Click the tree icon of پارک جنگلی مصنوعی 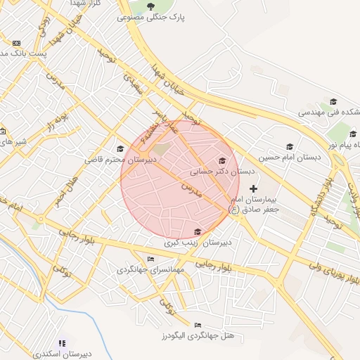151,6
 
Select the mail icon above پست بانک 16,43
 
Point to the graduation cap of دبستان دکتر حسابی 223,161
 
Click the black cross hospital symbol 254,188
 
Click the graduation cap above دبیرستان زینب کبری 198,232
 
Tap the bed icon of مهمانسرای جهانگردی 150,259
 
